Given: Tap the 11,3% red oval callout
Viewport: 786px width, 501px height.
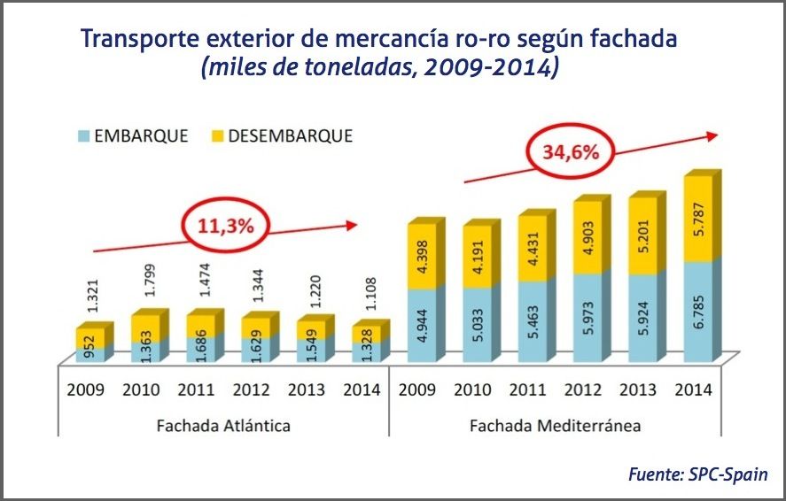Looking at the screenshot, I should click(226, 227).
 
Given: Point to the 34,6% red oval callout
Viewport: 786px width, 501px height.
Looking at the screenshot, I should click(572, 152).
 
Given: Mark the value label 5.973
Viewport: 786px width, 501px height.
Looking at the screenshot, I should click(587, 316).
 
